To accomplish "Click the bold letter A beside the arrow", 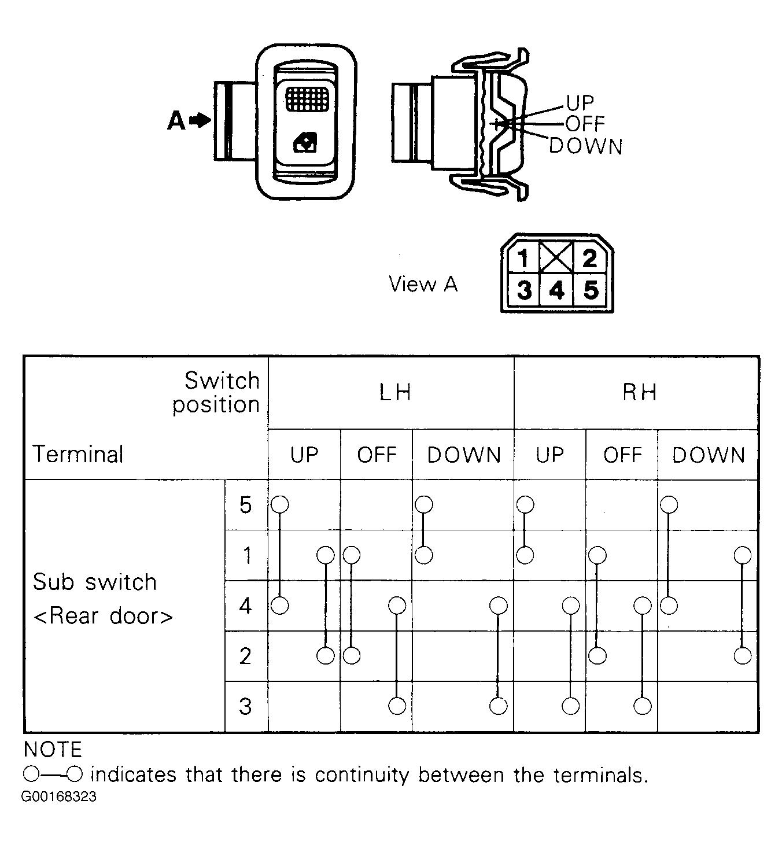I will point(176,121).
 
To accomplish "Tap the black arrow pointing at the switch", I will point(201,120).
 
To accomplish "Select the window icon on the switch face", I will point(305,142).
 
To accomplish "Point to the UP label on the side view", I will point(580,103).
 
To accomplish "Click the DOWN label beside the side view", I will point(585,146).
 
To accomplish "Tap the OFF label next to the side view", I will point(585,124).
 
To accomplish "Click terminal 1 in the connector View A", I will point(523,258).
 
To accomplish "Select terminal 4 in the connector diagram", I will point(556,290).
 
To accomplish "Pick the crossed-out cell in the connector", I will point(556,257).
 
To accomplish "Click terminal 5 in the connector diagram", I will point(591,290).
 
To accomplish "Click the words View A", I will point(423,284).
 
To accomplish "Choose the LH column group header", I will point(395,393).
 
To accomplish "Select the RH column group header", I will point(639,393).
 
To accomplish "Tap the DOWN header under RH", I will point(709,455).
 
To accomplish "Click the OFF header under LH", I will point(377,455).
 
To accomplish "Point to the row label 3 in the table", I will point(246,706).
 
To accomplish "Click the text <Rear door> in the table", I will point(103,616).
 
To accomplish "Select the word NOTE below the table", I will point(53,750).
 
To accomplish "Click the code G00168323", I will point(59,797).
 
